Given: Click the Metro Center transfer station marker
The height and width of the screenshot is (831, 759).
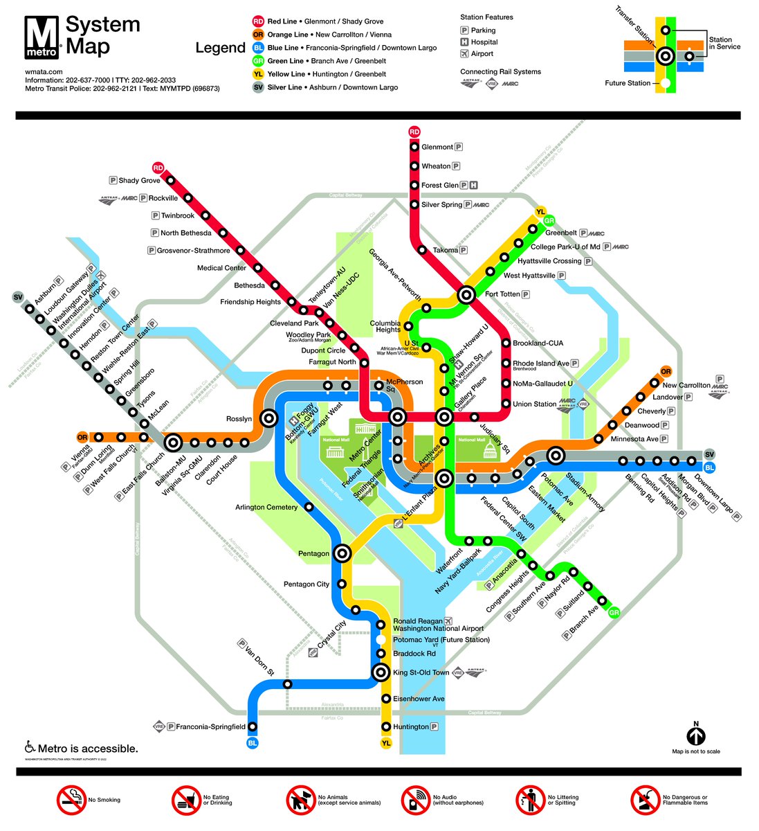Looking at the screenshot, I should tap(397, 417).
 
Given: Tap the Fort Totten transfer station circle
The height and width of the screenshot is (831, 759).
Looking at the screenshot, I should tap(466, 295).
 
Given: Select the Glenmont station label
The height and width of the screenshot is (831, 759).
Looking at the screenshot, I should tap(437, 147).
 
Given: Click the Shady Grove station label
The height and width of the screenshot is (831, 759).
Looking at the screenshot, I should tap(139, 181).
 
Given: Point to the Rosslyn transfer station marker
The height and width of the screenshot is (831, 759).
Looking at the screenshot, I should tap(268, 418).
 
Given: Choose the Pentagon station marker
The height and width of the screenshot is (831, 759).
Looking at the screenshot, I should tap(342, 553).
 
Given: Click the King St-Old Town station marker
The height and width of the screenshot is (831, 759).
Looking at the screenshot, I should tap(380, 672).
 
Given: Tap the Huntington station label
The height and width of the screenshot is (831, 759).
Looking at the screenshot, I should tap(411, 726).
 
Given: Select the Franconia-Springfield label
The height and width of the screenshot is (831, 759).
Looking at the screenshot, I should tap(210, 726).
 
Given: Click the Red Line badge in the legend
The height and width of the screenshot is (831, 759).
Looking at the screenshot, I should tap(258, 21).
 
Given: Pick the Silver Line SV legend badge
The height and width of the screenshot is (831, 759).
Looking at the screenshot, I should tap(258, 87).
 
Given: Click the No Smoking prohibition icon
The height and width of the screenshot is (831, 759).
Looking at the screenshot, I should tap(71, 800).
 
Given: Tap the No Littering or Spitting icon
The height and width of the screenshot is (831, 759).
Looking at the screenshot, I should tap(531, 800).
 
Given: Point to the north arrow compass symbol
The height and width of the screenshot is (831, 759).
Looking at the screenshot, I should tap(696, 735).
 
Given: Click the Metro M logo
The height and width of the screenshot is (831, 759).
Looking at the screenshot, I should tap(43, 37).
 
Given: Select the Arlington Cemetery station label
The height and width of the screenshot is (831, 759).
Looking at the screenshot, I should tap(266, 507).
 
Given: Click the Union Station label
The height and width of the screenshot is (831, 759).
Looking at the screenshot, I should tap(534, 404).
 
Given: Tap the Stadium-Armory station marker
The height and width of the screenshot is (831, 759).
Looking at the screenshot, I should tap(555, 456).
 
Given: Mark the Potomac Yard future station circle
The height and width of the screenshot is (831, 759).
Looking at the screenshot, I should tap(381, 639).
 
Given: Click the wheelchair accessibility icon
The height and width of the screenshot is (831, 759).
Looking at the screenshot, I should tap(30, 748).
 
